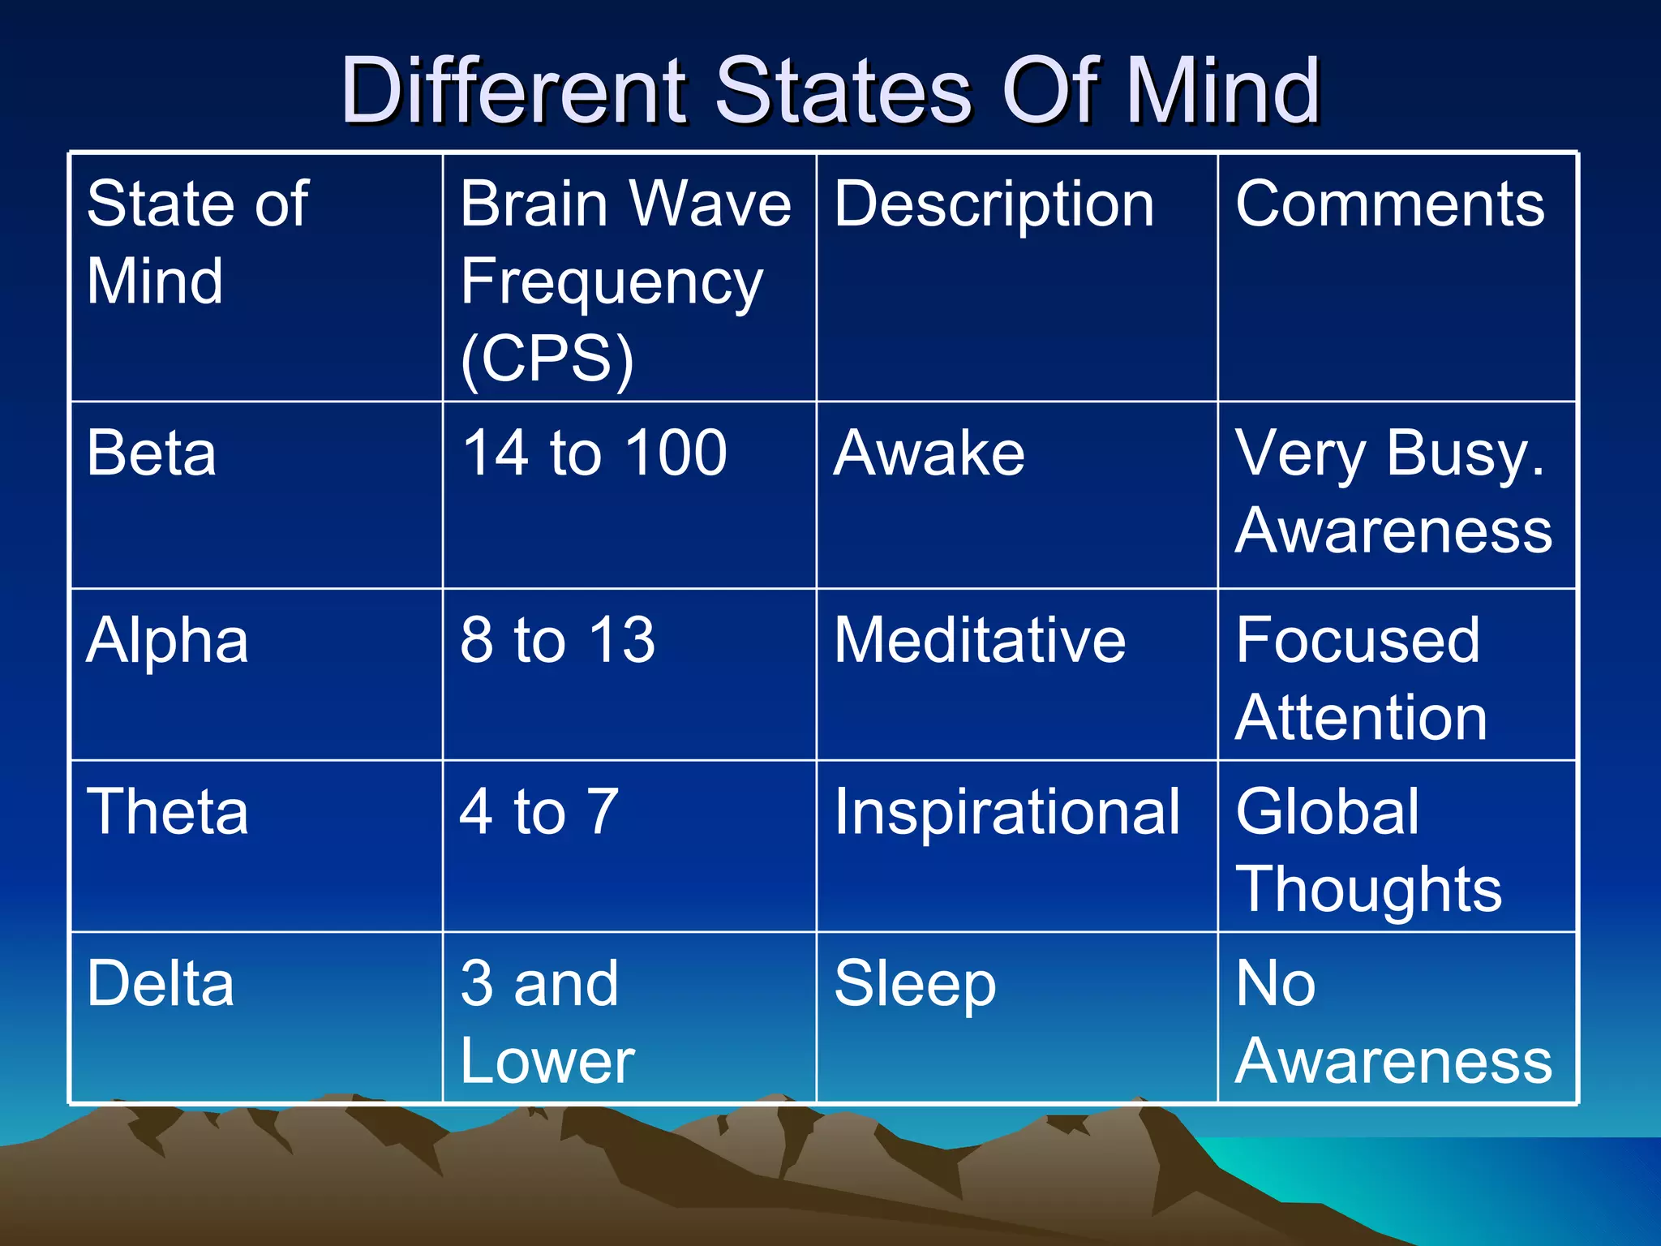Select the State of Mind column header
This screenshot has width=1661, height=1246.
click(x=197, y=242)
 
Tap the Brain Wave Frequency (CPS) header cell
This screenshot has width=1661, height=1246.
click(x=625, y=280)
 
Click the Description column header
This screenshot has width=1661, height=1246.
click(x=994, y=204)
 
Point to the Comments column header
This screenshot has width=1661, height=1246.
click(x=1390, y=204)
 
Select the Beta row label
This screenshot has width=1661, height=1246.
click(x=152, y=453)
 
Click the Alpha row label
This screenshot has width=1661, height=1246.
click(x=167, y=641)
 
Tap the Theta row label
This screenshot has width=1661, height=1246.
click(x=167, y=811)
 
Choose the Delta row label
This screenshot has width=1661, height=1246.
click(x=161, y=983)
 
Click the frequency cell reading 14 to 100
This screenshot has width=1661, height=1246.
click(x=594, y=453)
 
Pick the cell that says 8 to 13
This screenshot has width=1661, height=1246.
click(x=557, y=641)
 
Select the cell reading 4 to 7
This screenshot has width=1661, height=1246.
click(x=539, y=811)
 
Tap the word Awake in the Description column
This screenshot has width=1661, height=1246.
click(x=929, y=453)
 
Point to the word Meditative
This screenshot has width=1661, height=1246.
click(x=980, y=641)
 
